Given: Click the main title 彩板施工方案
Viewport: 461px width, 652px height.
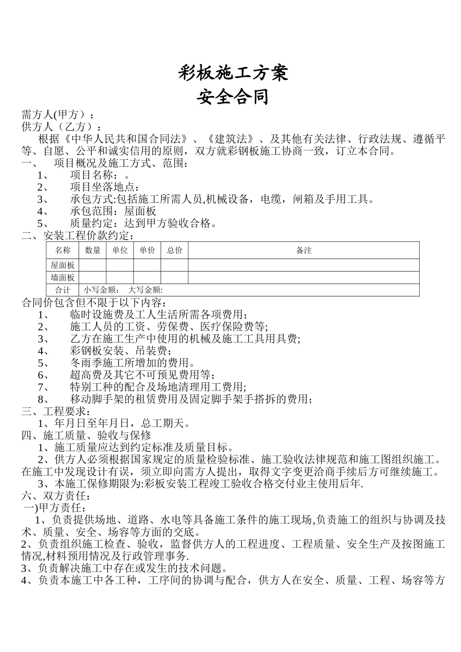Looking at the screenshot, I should (233, 73).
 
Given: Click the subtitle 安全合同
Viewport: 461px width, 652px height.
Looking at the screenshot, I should (233, 97).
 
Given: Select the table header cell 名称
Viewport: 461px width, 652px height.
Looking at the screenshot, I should (63, 250).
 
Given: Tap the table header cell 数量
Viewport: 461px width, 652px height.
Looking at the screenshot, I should (93, 250).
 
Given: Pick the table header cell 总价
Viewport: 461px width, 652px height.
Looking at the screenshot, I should (175, 250).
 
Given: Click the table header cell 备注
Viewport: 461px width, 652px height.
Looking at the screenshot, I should (304, 250).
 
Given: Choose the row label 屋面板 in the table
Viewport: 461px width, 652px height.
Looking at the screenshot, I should (63, 265).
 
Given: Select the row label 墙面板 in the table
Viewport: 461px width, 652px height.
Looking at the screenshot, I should (63, 278).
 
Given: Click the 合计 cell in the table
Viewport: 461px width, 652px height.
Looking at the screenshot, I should (63, 290).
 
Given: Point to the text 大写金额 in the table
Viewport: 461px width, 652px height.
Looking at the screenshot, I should (145, 290).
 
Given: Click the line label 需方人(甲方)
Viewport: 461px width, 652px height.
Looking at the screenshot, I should (57, 115).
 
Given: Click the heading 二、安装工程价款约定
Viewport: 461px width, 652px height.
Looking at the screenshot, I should (78, 236).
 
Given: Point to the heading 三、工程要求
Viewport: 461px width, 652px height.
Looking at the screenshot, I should (56, 411).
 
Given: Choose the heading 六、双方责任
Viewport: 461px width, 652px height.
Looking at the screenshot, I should (56, 496).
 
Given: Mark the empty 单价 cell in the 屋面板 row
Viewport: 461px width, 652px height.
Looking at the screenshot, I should (147, 265).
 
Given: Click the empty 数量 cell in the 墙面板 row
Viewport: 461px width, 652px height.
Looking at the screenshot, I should (93, 278).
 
